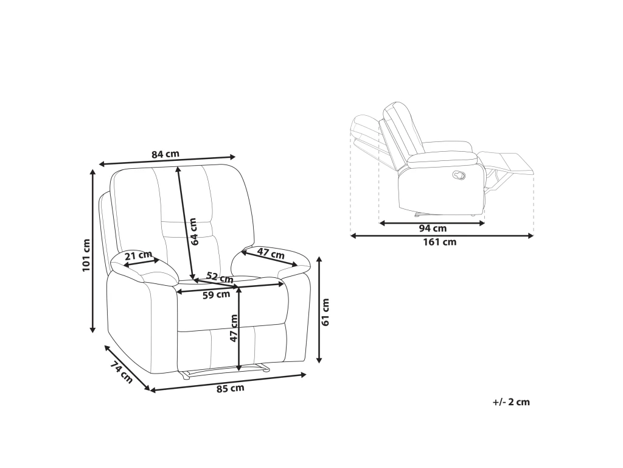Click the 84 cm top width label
pyautogui.click(x=165, y=154)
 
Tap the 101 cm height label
pyautogui.click(x=86, y=255)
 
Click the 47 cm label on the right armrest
pyautogui.click(x=271, y=253)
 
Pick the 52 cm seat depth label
pyautogui.click(x=220, y=277)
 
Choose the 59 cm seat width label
pyautogui.click(x=216, y=295)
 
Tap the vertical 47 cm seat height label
pyautogui.click(x=234, y=328)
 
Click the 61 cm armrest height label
pyautogui.click(x=325, y=312)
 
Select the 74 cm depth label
pyautogui.click(x=121, y=372)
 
